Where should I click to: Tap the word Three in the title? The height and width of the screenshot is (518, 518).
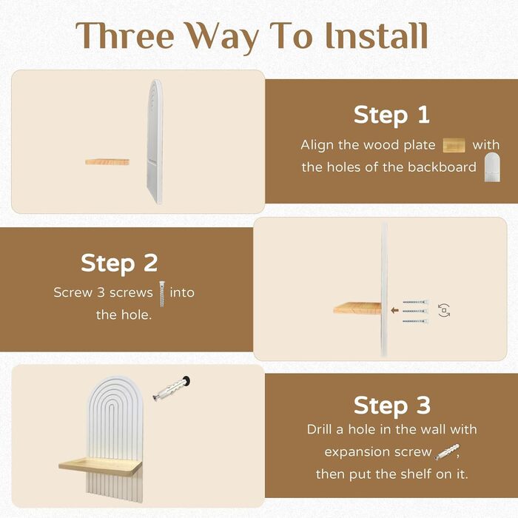pyautogui.click(x=124, y=36)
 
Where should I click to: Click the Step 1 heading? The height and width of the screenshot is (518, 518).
pyautogui.click(x=391, y=115)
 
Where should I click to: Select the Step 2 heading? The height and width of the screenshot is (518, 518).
pyautogui.click(x=119, y=263)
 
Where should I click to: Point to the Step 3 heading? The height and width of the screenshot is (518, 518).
pyautogui.click(x=391, y=406)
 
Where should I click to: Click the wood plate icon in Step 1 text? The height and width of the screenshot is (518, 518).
pyautogui.click(x=454, y=145)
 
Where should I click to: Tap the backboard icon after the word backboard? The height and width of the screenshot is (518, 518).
pyautogui.click(x=492, y=167)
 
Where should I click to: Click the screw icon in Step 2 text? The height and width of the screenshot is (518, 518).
pyautogui.click(x=162, y=294)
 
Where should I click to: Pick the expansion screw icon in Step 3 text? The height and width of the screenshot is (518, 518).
pyautogui.click(x=447, y=452)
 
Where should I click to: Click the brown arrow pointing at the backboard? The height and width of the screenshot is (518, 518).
pyautogui.click(x=394, y=310)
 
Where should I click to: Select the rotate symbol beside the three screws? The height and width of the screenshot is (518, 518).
pyautogui.click(x=444, y=311)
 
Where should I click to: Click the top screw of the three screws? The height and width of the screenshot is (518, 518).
pyautogui.click(x=416, y=302)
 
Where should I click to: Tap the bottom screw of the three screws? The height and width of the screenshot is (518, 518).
pyautogui.click(x=416, y=321)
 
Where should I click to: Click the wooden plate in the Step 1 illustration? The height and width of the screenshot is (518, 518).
pyautogui.click(x=107, y=162)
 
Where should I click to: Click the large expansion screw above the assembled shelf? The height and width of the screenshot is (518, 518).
pyautogui.click(x=172, y=388)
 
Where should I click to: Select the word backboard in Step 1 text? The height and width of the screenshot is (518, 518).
pyautogui.click(x=442, y=167)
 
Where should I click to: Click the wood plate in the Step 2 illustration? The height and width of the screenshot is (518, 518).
pyautogui.click(x=357, y=308)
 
